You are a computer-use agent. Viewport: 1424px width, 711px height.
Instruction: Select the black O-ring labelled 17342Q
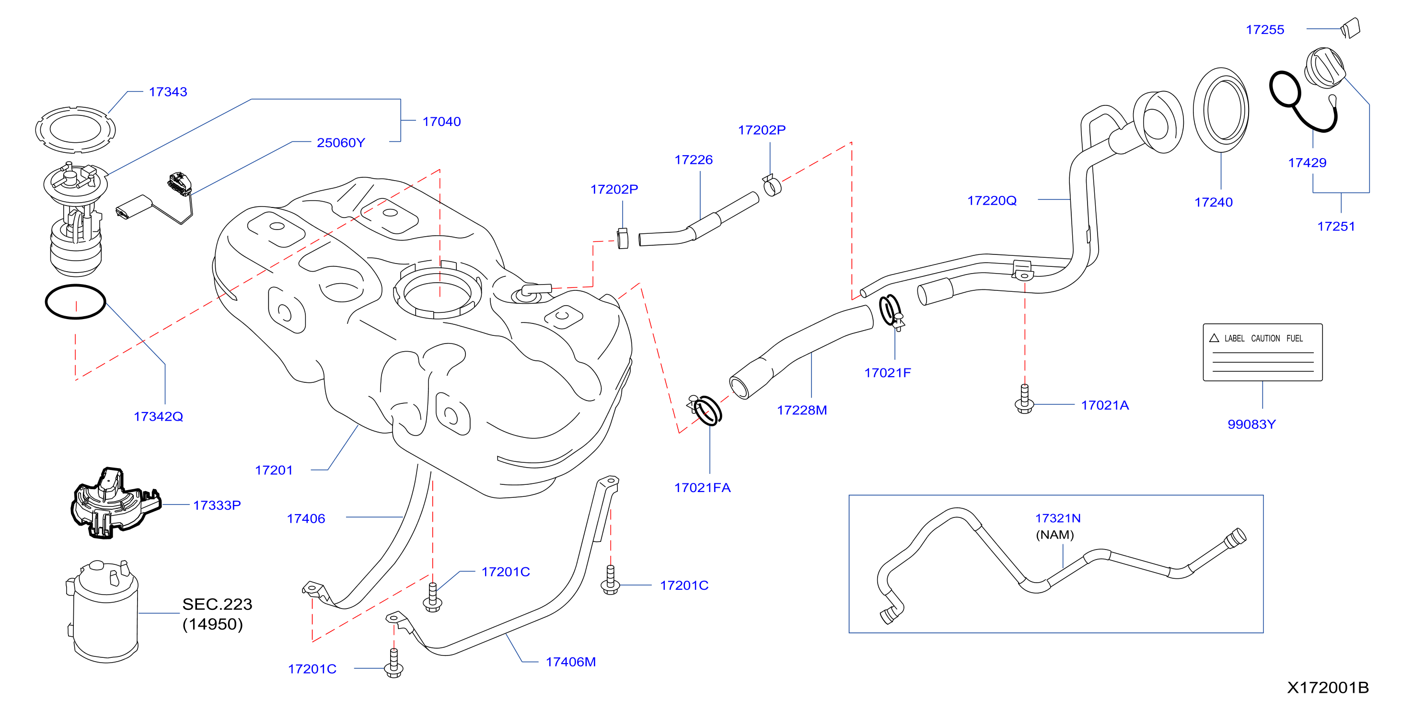(x=75, y=302)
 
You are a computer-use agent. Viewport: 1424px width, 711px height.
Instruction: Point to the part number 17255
(x=1265, y=30)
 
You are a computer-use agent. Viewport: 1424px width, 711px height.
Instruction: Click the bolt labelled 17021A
(x=1024, y=400)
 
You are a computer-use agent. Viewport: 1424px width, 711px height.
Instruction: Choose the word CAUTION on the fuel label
(x=1265, y=338)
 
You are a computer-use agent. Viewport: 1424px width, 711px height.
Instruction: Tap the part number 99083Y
(x=1251, y=424)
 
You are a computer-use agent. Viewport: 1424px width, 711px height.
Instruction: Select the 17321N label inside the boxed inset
(x=1057, y=518)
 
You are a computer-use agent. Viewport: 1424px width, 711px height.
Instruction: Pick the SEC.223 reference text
(x=217, y=604)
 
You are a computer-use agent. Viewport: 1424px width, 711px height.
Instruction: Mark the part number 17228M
(x=801, y=410)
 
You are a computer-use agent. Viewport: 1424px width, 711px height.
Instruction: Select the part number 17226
(x=693, y=160)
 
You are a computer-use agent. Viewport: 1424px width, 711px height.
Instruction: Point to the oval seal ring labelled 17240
(x=1221, y=109)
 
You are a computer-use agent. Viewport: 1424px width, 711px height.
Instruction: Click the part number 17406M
(x=570, y=662)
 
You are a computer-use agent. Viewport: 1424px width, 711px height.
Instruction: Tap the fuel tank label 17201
(x=274, y=470)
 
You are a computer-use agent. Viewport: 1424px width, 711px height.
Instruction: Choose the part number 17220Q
(x=992, y=201)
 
